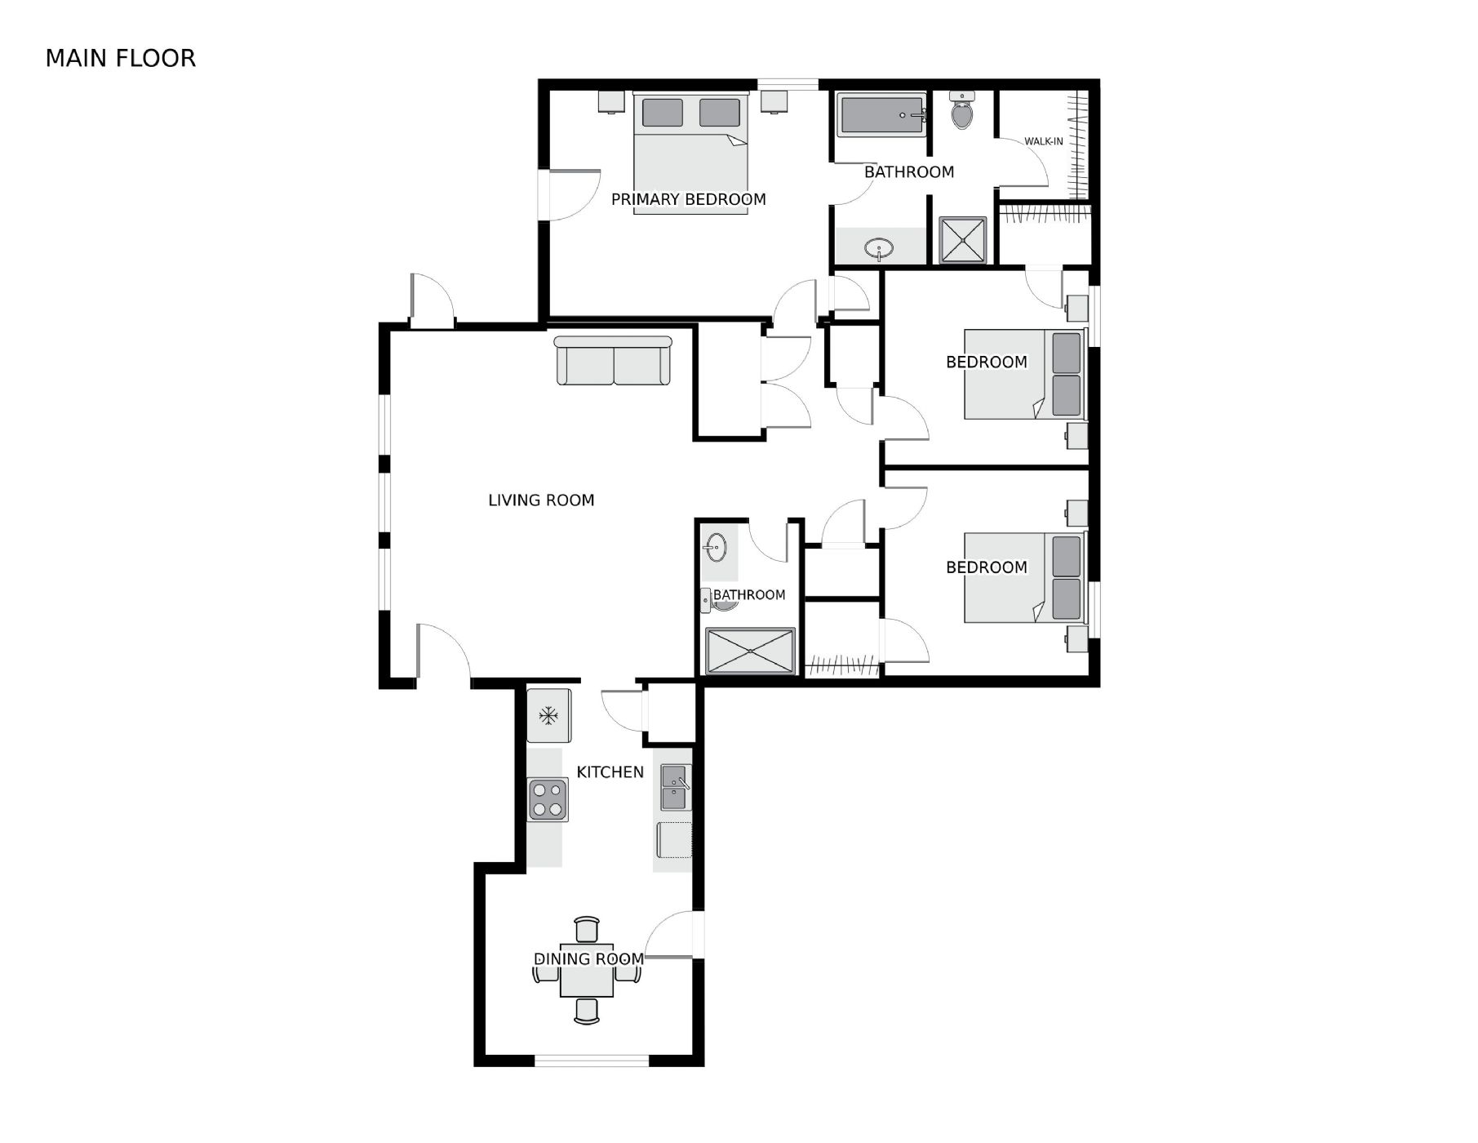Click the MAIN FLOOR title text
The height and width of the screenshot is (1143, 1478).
[121, 58]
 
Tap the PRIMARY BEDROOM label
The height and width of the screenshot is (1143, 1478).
[689, 199]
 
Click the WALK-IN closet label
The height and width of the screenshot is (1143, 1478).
[1044, 141]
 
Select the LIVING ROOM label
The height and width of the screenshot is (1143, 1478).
[541, 500]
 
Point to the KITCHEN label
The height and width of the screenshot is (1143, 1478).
[610, 772]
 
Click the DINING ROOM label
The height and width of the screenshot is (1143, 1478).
[588, 959]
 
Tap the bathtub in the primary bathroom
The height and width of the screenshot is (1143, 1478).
[882, 115]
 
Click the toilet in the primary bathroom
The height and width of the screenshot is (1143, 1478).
[963, 110]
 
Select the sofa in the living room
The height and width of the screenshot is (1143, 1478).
[613, 360]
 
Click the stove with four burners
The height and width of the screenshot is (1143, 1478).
[548, 800]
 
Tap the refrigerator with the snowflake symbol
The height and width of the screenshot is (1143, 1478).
[548, 716]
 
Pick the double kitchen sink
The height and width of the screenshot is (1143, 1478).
[676, 788]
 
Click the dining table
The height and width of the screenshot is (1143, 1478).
[587, 971]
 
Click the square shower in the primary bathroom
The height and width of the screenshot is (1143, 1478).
[963, 240]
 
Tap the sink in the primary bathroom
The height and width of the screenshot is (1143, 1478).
[879, 248]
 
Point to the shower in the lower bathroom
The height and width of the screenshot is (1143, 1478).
[750, 651]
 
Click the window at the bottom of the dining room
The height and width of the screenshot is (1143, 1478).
[592, 1061]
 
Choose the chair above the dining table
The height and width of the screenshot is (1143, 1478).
[587, 930]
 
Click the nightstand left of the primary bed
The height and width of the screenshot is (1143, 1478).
[611, 101]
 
